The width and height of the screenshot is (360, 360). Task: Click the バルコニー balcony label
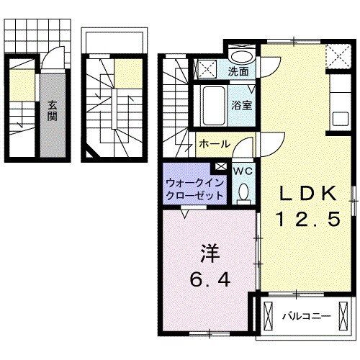(306, 316)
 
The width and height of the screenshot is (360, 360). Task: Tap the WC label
(243, 171)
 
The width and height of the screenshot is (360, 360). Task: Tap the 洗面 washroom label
(238, 71)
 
